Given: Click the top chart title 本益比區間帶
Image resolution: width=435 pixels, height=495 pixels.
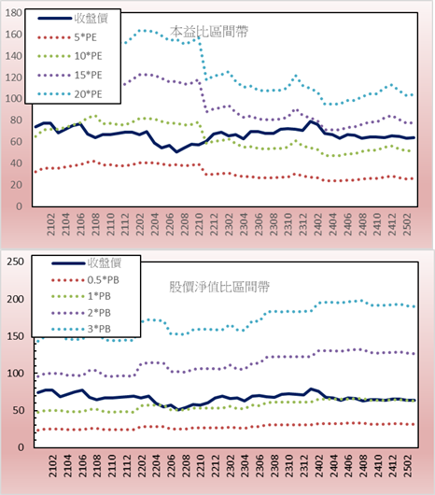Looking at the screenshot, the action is coord(209,31).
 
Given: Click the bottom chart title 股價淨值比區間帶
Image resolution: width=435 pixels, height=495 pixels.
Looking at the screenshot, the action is coord(219,287).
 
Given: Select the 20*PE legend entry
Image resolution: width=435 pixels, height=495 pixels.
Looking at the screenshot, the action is coord(70,94).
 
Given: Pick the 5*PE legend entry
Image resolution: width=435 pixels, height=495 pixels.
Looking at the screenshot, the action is coord(67,37).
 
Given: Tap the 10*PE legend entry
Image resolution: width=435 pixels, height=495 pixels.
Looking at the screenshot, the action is coord(70,56).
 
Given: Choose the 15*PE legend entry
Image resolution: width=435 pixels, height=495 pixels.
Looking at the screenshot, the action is coord(70,75).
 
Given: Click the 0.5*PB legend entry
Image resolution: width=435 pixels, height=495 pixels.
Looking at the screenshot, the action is coord(85,280).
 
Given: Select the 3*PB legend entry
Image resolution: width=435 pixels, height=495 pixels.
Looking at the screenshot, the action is coord(81,329).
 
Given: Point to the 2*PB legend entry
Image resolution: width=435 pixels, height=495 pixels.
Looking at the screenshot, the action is coord(81,313).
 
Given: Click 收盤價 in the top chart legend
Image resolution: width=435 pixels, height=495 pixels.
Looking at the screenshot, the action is coord(73,19).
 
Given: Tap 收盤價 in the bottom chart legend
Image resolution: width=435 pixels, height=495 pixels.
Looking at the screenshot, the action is coord(87,263).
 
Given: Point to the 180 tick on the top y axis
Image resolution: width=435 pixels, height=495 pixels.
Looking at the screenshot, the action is coord(14,13).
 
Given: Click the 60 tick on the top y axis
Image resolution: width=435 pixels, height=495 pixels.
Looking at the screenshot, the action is coord(16,142).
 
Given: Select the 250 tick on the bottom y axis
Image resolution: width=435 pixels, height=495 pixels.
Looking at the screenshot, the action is coord(16,262).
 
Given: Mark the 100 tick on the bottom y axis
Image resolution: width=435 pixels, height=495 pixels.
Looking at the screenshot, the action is coord(16,374).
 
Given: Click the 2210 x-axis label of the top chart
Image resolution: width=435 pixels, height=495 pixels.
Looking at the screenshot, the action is coord(199,224).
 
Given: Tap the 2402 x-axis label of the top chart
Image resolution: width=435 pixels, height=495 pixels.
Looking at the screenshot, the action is coord(318,224).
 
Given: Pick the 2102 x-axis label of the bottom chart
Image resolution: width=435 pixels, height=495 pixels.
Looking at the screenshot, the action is coord(52,466).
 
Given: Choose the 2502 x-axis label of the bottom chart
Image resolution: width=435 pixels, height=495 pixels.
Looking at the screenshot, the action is coord(408,466).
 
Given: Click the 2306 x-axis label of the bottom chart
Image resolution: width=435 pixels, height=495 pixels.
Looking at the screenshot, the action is coord(260,466).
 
